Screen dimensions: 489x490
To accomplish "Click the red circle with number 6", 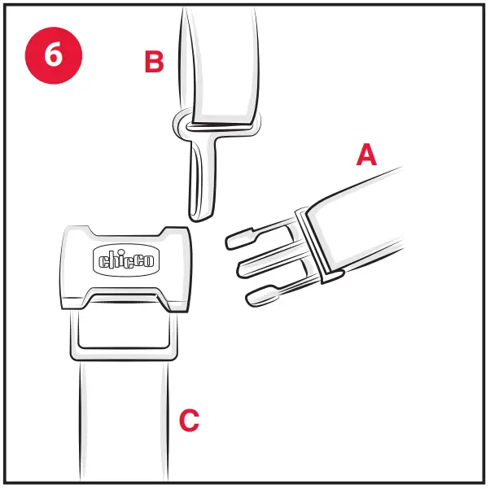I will [53, 55].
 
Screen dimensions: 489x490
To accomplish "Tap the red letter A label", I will [366, 154].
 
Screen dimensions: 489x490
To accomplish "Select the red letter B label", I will [154, 63].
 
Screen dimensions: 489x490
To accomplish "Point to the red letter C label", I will [189, 421].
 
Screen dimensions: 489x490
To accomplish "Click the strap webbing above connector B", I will [220, 57].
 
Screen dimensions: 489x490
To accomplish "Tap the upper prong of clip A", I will [244, 237].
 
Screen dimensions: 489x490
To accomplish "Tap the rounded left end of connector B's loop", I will [179, 125].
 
